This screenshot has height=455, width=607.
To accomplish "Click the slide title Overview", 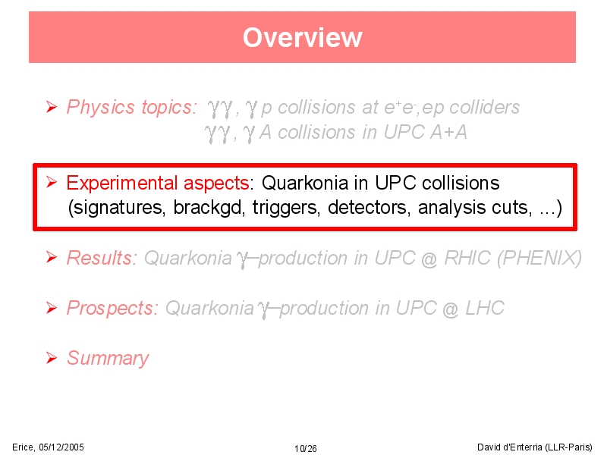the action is coord(302,37).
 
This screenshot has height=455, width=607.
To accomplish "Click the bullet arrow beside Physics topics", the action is coord(52,107).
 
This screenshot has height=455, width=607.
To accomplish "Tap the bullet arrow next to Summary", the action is coord(52,358).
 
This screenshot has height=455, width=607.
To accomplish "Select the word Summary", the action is coord(108,358).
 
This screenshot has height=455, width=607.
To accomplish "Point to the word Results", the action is coord(100,258).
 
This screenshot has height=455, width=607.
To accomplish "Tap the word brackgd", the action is coord(207,207).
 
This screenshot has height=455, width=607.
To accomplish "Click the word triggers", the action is coord(286,208).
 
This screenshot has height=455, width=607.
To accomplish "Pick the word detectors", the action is coord(369,208).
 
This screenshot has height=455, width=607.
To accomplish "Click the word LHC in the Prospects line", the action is coord(485,308).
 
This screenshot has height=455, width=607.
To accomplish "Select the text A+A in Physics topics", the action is coord(448,132).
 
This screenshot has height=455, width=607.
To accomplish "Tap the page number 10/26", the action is coord(306,448).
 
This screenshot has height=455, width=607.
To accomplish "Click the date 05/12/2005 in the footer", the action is coord(61,447).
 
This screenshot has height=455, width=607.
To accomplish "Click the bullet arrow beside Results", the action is coord(52,257).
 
